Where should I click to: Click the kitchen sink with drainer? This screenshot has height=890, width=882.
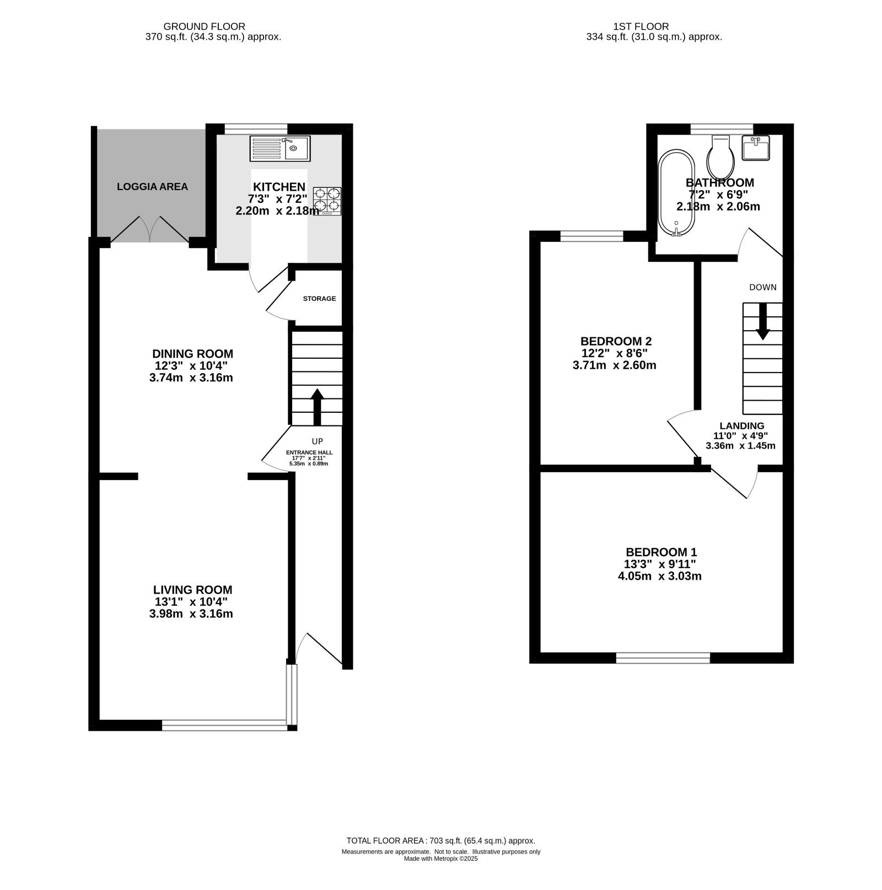pos(280,148)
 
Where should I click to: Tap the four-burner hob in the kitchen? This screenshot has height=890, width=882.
pos(327,201)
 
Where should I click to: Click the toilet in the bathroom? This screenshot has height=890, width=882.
pos(721,155)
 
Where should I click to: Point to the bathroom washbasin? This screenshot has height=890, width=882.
pos(756,148)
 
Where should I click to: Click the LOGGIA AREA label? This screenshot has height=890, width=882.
pos(152,187)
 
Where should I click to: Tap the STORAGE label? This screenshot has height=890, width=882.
pos(319,299)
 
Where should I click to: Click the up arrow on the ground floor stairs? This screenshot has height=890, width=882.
pos(317,407)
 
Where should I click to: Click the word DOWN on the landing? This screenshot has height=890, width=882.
pos(763,287)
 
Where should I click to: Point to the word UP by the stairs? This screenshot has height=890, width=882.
pos(318,441)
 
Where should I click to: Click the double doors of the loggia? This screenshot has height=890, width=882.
pos(150,229)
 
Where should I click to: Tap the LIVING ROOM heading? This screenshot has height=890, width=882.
pos(192,590)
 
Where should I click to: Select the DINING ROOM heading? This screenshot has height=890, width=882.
pos(192,354)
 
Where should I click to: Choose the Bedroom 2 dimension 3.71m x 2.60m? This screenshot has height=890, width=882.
pos(615,365)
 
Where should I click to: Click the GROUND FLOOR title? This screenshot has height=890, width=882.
pos(205,26)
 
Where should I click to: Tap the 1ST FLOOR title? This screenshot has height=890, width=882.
pos(641,26)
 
